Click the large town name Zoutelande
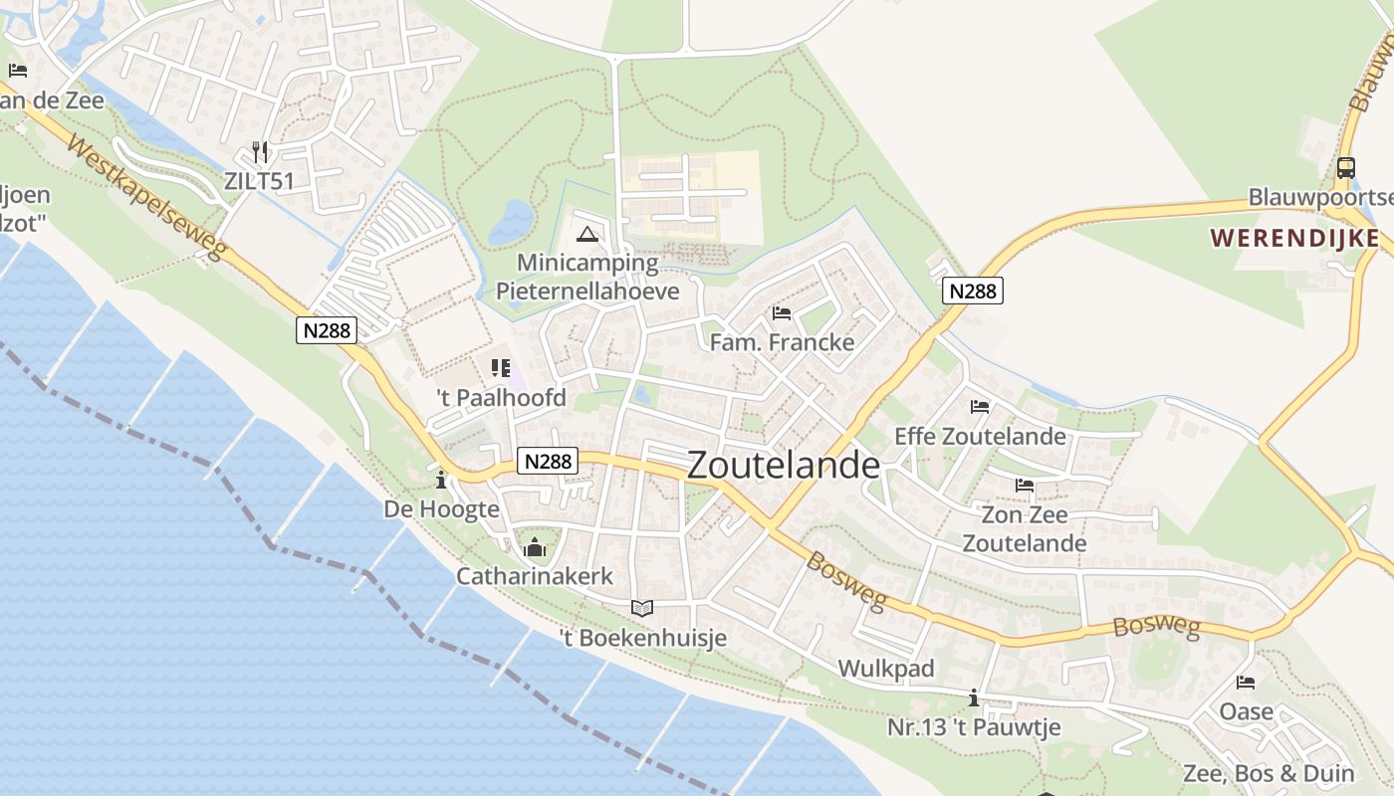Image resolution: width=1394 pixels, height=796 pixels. [x=784, y=465]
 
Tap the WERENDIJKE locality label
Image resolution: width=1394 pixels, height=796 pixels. [x=1295, y=238]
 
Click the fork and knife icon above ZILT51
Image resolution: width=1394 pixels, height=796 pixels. [x=260, y=152]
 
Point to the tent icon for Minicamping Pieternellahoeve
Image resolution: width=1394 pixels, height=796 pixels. [x=587, y=236]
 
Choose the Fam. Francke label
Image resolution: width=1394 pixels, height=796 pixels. [x=782, y=342]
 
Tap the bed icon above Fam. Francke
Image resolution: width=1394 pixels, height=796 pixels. [x=782, y=313]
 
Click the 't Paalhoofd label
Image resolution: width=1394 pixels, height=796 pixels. [x=501, y=398]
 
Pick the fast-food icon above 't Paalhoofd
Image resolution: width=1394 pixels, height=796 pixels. [x=500, y=369]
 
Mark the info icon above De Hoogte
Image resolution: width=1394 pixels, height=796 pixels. [x=441, y=481]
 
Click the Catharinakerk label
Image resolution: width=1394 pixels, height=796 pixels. [x=535, y=576]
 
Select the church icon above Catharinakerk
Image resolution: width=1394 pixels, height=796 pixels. [x=535, y=547]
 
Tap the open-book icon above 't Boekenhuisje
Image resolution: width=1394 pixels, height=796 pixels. [x=642, y=608]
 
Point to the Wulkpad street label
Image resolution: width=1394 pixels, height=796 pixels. [x=886, y=669]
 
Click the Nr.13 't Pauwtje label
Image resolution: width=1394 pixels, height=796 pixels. [x=974, y=727]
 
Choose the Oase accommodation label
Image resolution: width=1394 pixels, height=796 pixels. [x=1246, y=711]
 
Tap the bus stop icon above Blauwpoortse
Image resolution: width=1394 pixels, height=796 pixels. [x=1345, y=168]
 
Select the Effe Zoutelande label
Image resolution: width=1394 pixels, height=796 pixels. [x=980, y=436]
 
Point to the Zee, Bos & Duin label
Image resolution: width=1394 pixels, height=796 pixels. [x=1268, y=773]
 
